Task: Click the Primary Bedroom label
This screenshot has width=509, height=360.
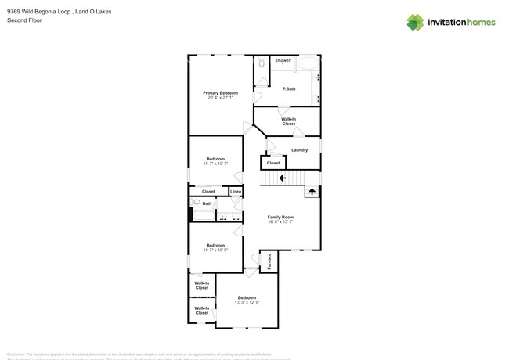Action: click(221, 92)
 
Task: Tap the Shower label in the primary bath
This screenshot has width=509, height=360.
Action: click(283, 60)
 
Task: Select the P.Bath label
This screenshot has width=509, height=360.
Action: click(289, 88)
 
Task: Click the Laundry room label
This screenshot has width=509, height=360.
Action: click(299, 149)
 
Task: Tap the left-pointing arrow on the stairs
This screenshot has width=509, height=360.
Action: click(273, 178)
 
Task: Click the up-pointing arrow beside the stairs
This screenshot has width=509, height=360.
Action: click(311, 190)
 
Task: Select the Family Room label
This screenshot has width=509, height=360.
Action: click(280, 217)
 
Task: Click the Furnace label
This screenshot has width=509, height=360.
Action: click(269, 261)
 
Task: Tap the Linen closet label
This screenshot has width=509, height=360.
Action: click(235, 191)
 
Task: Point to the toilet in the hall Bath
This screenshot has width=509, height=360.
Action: click(196, 202)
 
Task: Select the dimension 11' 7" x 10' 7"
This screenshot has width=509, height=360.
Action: click(215, 164)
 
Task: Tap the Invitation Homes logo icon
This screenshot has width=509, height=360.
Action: click(416, 22)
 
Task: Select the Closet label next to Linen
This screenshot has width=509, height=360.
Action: click(208, 191)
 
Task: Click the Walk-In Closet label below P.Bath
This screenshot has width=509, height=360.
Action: click(288, 121)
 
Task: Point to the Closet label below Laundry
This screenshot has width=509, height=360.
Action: click(273, 163)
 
